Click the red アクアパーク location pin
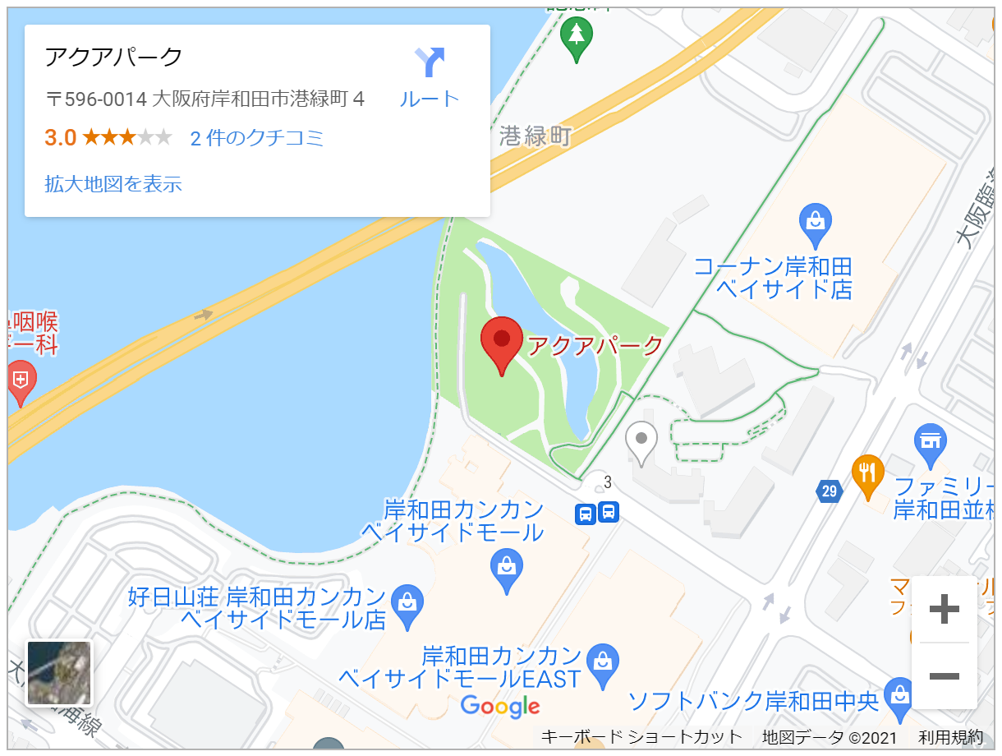501,342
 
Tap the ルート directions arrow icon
430,62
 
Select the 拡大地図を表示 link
113,184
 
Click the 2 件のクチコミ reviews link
257,138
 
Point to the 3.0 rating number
60,138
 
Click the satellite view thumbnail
59,673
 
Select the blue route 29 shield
829,491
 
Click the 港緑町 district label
535,136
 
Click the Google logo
500,705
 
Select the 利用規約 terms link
950,736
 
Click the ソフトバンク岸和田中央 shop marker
901,692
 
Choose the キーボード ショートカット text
641,736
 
